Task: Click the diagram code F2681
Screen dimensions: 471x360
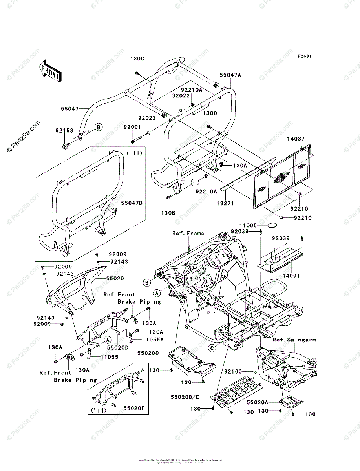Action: [304, 56]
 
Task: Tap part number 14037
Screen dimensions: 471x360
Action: [296, 139]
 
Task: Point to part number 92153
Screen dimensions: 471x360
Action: [64, 131]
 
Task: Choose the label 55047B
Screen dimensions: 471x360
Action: [132, 203]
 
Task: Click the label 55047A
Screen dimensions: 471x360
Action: [230, 74]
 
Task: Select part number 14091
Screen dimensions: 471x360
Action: [290, 276]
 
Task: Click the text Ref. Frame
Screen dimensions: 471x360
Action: [188, 233]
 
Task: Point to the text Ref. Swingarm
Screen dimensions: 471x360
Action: [294, 340]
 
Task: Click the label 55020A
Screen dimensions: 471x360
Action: [258, 402]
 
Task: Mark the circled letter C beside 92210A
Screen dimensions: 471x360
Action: [194, 183]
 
